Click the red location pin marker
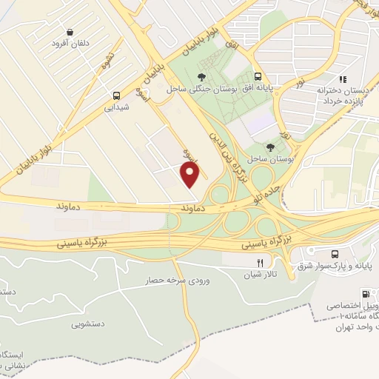tap(191, 175)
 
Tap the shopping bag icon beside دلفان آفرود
tap(69, 33)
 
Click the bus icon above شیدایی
tap(115, 95)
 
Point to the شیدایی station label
tap(115, 107)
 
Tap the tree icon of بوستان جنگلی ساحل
tap(201, 76)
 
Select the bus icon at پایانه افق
tap(258, 76)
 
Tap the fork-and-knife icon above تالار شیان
tap(259, 263)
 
